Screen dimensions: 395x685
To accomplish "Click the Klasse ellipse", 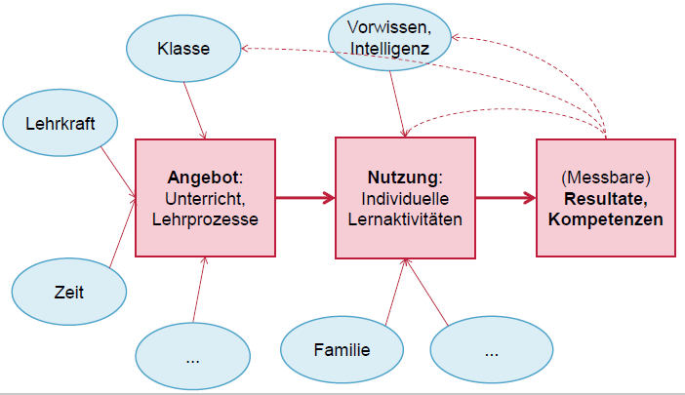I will pyautogui.click(x=184, y=47).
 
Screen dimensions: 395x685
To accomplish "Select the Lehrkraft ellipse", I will pyautogui.click(x=60, y=122).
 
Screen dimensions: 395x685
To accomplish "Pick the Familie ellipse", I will pyautogui.click(x=341, y=349).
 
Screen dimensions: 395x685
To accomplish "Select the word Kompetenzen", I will pyautogui.click(x=606, y=219).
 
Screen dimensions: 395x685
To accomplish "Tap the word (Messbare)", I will pyautogui.click(x=606, y=179).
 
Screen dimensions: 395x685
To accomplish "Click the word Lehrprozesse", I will pyautogui.click(x=205, y=219).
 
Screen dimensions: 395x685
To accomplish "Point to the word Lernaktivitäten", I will pyautogui.click(x=405, y=218).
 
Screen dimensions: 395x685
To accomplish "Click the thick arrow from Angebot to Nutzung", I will pyautogui.click(x=304, y=199).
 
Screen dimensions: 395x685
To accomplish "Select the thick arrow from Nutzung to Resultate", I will pyautogui.click(x=505, y=199).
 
